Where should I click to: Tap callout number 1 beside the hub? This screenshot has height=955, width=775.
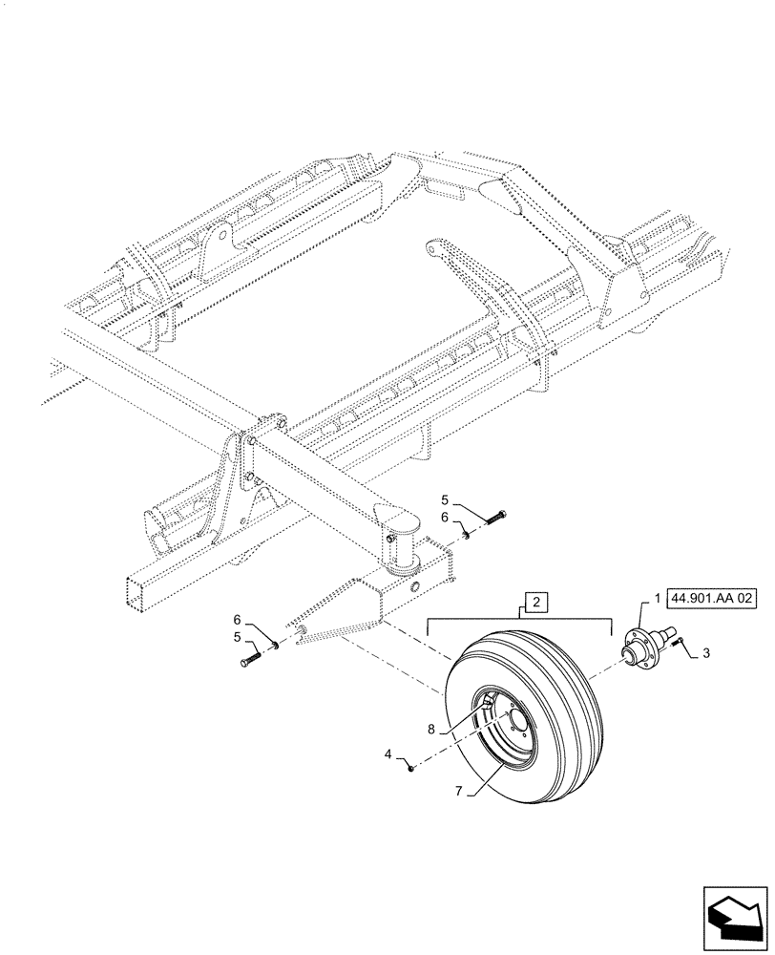point(656,598)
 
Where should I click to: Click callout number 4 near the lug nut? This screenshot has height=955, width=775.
point(388,754)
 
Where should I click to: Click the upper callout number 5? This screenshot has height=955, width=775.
point(444,499)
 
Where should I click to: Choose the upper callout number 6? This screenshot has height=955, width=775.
point(444,517)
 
